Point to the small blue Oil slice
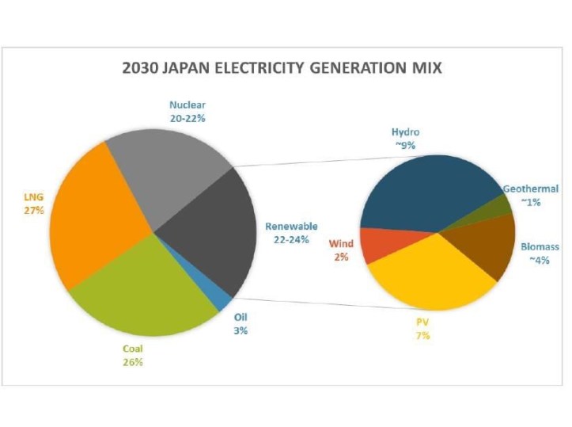coord(221,298)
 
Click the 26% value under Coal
coord(132,362)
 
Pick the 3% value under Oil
coord(241,330)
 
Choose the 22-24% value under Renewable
coord(290,239)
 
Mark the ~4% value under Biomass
coord(540,260)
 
